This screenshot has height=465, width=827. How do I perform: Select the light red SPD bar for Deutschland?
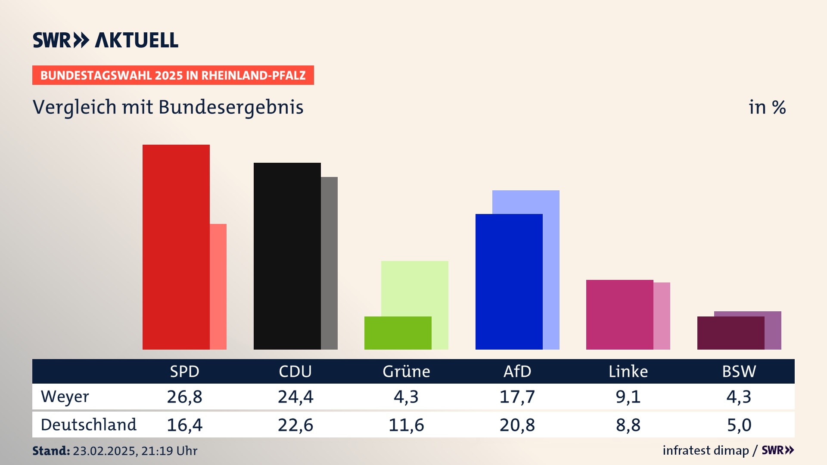tap(218, 286)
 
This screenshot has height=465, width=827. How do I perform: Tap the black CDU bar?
tap(287, 256)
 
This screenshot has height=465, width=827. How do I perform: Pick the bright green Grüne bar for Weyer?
tap(398, 333)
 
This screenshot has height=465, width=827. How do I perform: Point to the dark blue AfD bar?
tap(509, 282)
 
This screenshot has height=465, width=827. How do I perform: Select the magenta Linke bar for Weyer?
tap(619, 314)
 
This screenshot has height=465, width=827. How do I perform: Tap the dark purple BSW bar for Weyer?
tap(731, 333)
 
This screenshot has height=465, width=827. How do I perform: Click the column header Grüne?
tap(406, 372)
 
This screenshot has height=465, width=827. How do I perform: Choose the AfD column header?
tap(517, 372)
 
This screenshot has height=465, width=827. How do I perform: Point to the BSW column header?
tap(739, 372)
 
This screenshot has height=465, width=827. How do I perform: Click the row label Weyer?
tap(65, 397)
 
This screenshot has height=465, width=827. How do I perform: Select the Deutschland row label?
tap(89, 425)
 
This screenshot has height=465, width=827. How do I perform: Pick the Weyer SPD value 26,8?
tap(184, 397)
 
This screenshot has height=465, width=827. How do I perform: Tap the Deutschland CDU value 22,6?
tap(295, 425)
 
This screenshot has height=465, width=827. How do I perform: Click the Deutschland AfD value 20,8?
tap(517, 425)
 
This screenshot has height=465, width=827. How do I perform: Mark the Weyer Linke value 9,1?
tap(628, 397)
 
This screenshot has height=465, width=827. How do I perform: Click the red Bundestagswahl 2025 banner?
tap(173, 75)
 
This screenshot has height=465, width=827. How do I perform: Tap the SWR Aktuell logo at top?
tap(106, 40)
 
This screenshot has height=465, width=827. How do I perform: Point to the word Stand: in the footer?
tap(51, 451)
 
